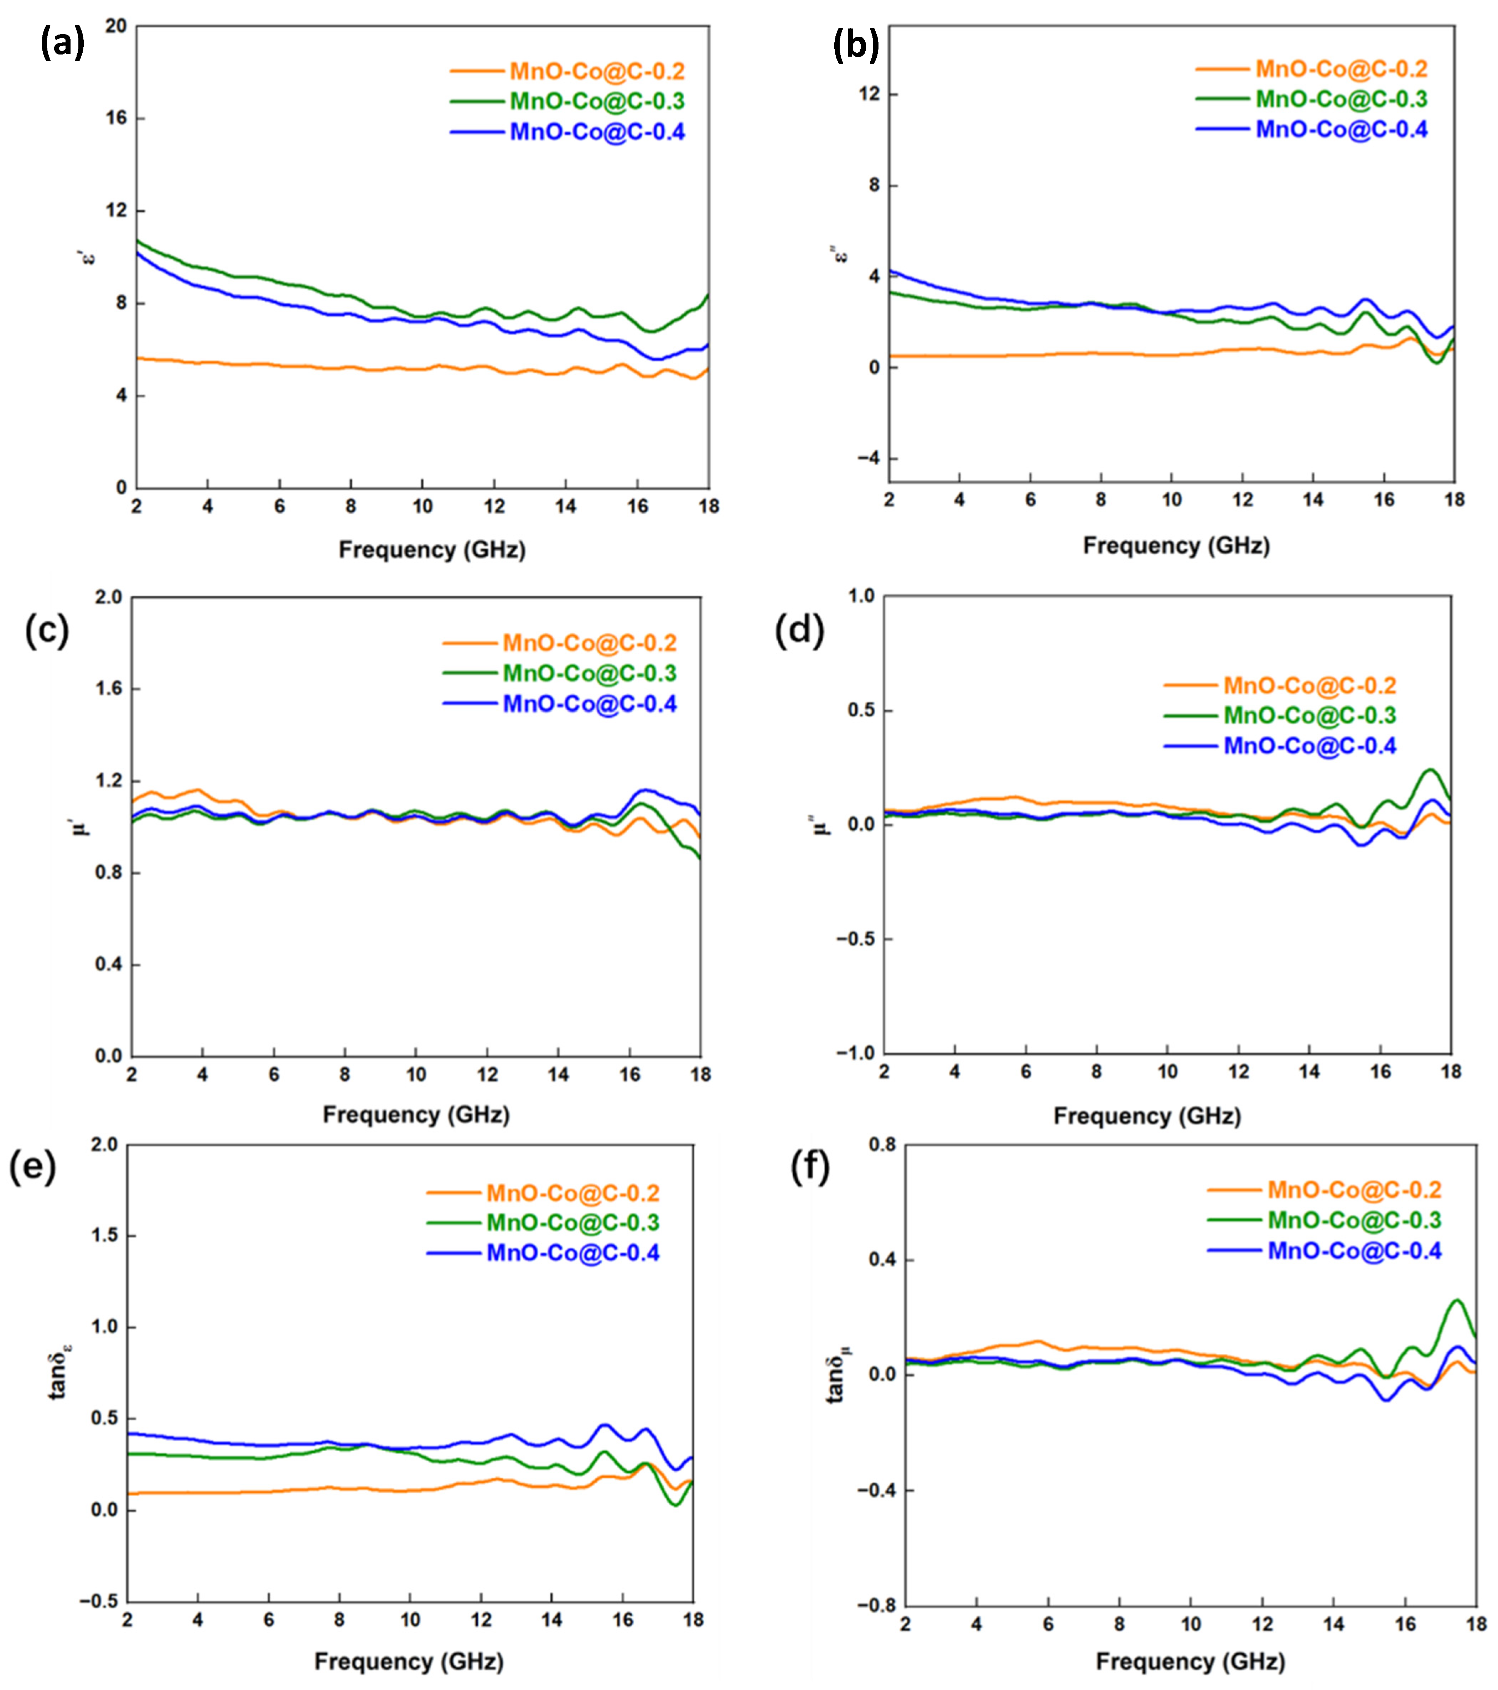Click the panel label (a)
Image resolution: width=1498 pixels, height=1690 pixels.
[62, 43]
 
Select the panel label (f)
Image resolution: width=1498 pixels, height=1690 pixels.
[810, 1167]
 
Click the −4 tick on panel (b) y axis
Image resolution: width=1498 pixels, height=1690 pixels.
[868, 458]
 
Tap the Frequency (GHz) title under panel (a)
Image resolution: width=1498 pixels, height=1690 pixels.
[431, 550]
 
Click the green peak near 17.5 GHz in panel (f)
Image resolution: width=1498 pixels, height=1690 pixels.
[1457, 1301]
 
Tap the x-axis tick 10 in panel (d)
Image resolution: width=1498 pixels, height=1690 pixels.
[1167, 1072]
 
